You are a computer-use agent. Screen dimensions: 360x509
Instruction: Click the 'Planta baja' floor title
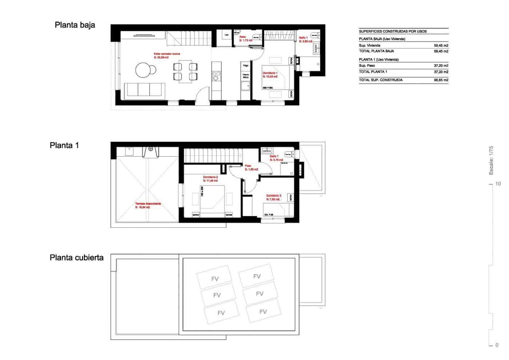pos(75,25)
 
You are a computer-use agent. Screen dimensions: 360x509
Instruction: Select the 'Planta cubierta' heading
pos(76,258)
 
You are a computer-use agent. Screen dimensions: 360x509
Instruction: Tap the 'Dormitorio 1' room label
pos(270,73)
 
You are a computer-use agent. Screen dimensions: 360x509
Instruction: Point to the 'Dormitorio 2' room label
pos(210,177)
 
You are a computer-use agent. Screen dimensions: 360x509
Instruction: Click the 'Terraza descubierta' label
pos(148,204)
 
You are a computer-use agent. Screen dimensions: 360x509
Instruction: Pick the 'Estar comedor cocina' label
pos(167,54)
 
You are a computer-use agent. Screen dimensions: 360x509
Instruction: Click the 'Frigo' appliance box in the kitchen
pos(246,66)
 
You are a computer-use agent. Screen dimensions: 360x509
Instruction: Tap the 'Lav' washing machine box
pos(227,35)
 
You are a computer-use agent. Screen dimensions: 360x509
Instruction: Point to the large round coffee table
pos(143,69)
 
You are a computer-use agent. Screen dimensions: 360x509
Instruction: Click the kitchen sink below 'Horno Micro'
pos(245,86)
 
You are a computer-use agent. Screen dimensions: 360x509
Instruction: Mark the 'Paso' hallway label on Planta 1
pos(248,165)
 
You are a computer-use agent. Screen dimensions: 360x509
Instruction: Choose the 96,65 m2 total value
pos(441,80)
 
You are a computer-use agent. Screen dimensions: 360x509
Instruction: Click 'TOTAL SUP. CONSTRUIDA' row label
pos(381,80)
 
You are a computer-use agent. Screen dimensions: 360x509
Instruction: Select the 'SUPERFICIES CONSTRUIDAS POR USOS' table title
pos(393,31)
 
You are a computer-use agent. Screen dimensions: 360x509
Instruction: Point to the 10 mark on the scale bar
pos(498,184)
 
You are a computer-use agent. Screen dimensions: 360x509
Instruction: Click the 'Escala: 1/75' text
pos(491,160)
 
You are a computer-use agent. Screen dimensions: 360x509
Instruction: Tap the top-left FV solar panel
pos(215,279)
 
